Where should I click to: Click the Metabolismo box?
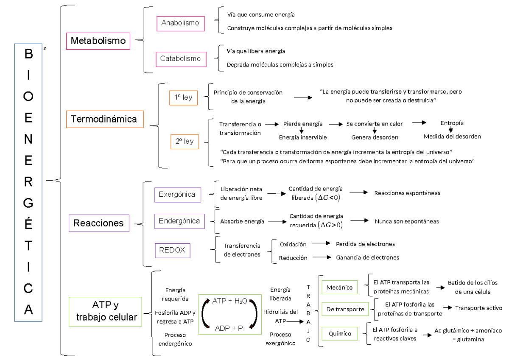coord(98,41)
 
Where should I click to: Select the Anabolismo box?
coord(180,23)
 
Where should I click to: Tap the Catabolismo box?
coord(180,59)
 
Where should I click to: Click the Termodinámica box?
coord(104,119)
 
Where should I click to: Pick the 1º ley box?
coord(183,98)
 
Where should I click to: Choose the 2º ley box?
coord(184,141)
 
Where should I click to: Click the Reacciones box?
coord(98,223)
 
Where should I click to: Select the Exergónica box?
coord(177,195)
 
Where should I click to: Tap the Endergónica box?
coord(179,221)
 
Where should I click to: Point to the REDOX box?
coord(172,250)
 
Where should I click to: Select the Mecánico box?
coord(339,287)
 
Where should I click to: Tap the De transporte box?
coord(345,309)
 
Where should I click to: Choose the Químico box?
coord(340,334)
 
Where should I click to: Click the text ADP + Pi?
coord(229,328)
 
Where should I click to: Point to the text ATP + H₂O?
coord(229,301)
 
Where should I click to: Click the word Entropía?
coord(452,123)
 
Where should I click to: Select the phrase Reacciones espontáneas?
coord(407,193)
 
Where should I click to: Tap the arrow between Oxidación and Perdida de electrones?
coord(321,244)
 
